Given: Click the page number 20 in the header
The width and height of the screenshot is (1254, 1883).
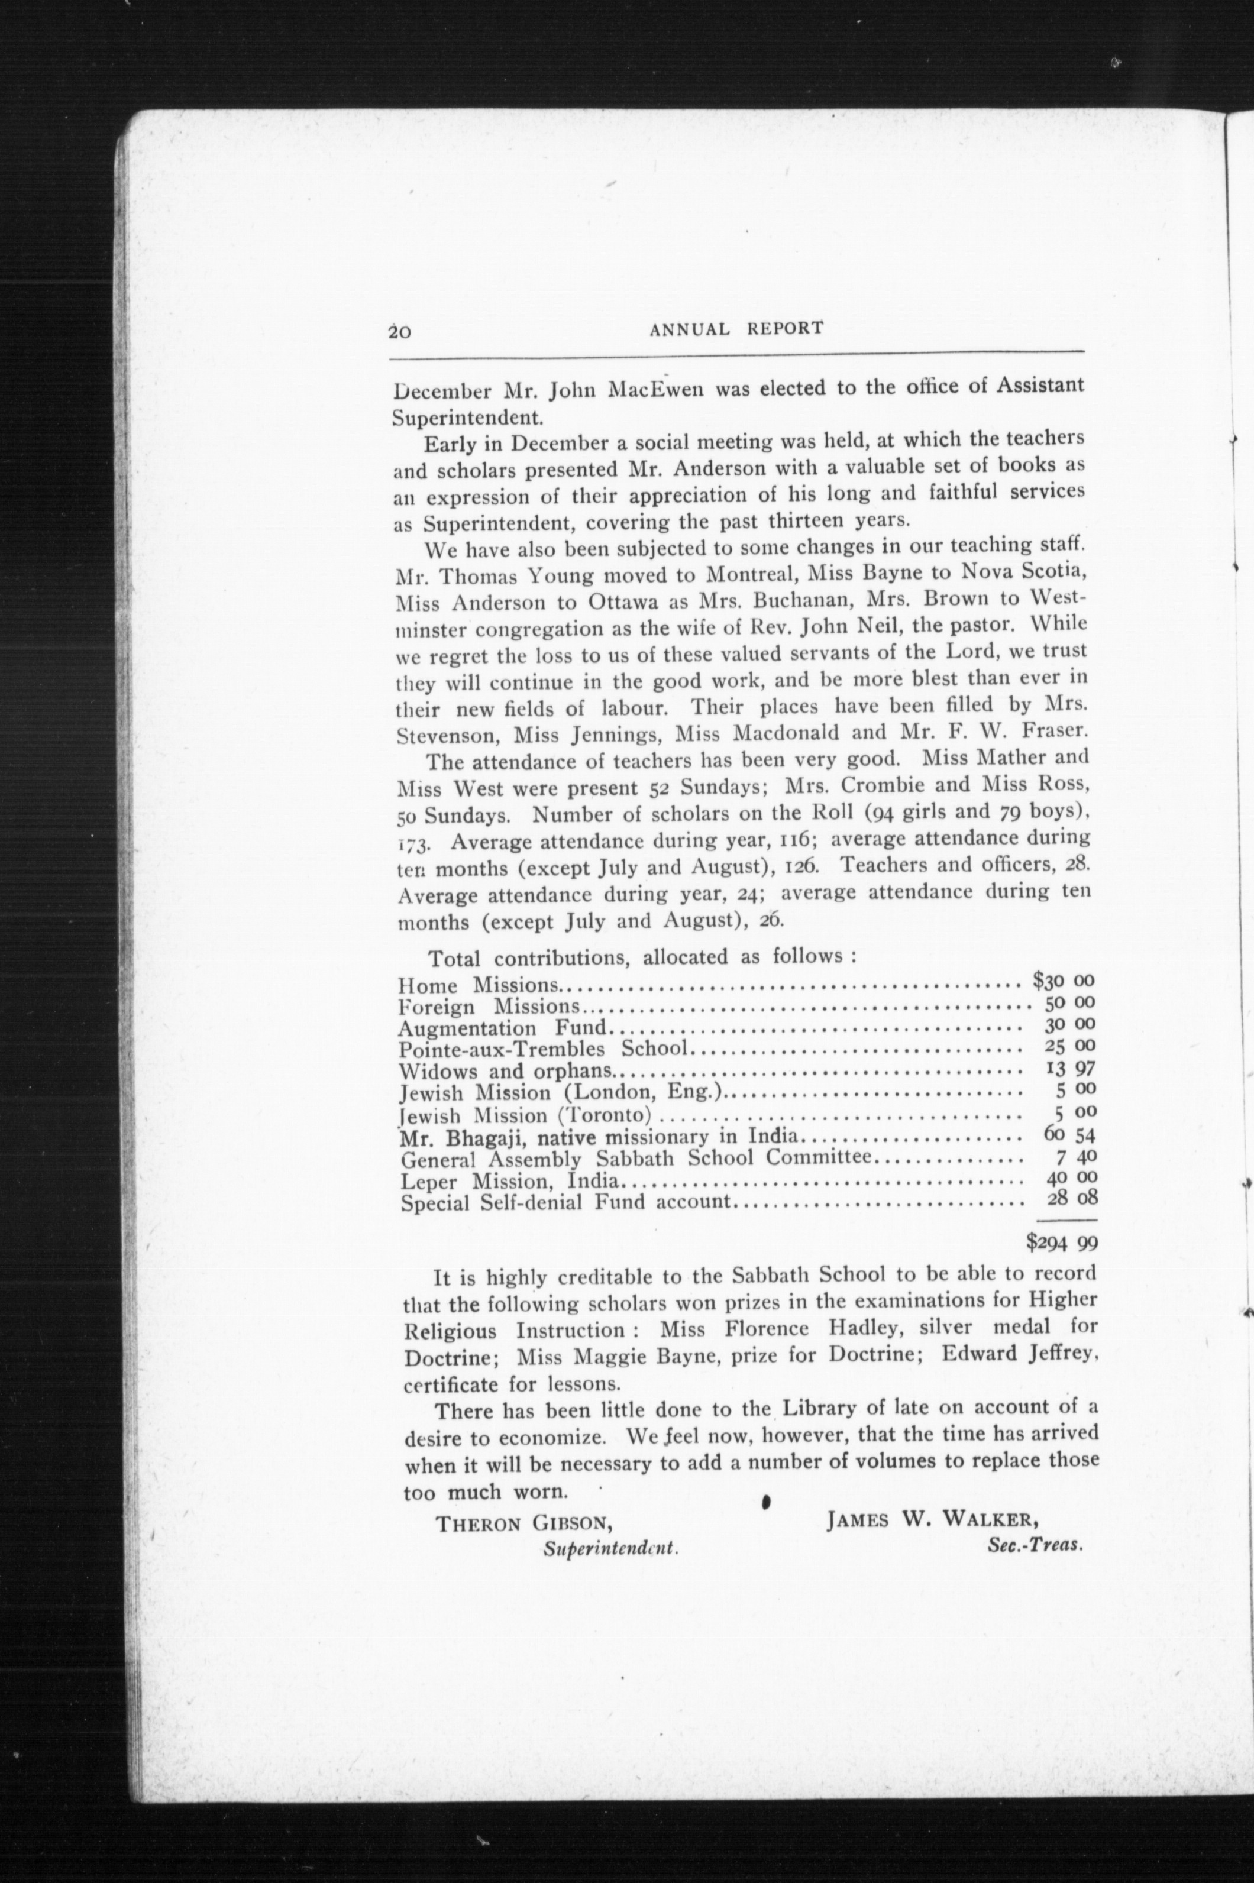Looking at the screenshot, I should [x=400, y=330].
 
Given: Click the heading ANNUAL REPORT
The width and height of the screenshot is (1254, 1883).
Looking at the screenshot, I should [x=736, y=328].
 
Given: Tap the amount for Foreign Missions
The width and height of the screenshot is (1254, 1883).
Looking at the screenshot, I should [x=1069, y=1002].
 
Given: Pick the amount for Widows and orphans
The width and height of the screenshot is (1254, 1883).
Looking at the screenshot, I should [x=1070, y=1068].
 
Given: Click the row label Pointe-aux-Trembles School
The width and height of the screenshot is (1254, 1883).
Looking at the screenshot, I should [x=542, y=1048].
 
